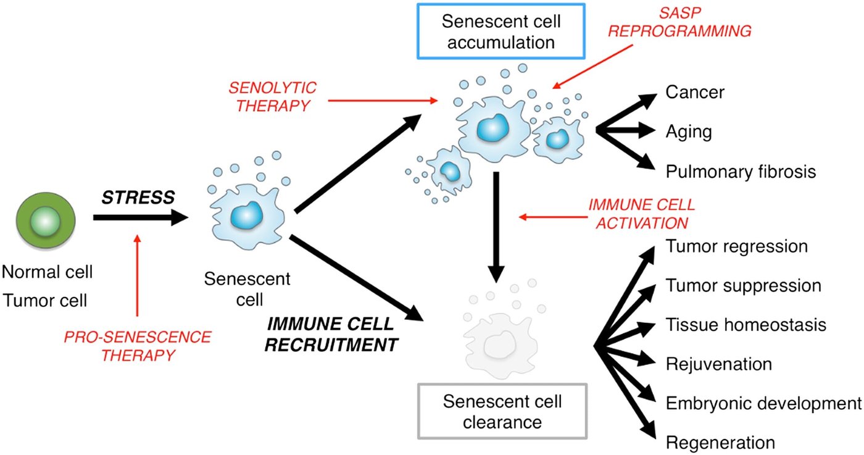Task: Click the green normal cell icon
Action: tap(46, 221)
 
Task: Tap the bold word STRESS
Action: tap(138, 198)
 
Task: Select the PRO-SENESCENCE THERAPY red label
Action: tap(138, 346)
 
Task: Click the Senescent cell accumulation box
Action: tap(501, 31)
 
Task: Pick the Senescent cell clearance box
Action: tap(502, 411)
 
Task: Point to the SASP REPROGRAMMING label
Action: tap(679, 22)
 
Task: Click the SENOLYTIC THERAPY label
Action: tap(273, 96)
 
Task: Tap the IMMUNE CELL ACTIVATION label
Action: tap(642, 214)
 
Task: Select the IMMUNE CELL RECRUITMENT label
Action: tap(331, 334)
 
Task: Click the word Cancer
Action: tap(695, 92)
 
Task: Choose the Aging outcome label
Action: tap(689, 132)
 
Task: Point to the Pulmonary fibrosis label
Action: tap(741, 172)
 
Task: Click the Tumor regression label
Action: tap(737, 246)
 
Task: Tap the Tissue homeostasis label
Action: tap(746, 325)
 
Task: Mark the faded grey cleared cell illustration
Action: tap(501, 340)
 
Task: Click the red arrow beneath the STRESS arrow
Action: tap(137, 275)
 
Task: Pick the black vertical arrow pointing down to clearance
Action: tap(496, 227)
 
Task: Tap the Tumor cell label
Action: tap(45, 300)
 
